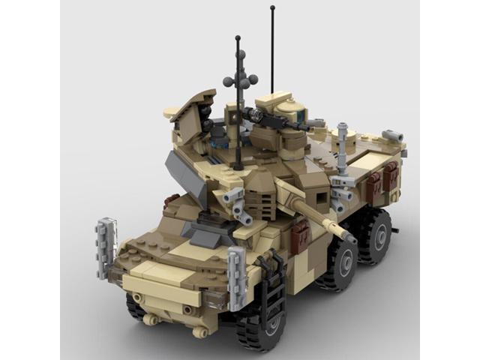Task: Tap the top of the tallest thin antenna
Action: coord(272,8)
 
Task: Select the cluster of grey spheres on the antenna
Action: coord(240,79)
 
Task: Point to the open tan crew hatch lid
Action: coord(190,105)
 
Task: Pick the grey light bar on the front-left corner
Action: coord(106,247)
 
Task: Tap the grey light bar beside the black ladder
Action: coord(236,277)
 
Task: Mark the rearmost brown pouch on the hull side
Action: coord(391,177)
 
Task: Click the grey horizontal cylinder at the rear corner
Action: coord(392,136)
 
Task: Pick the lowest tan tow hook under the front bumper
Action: coord(197,331)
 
